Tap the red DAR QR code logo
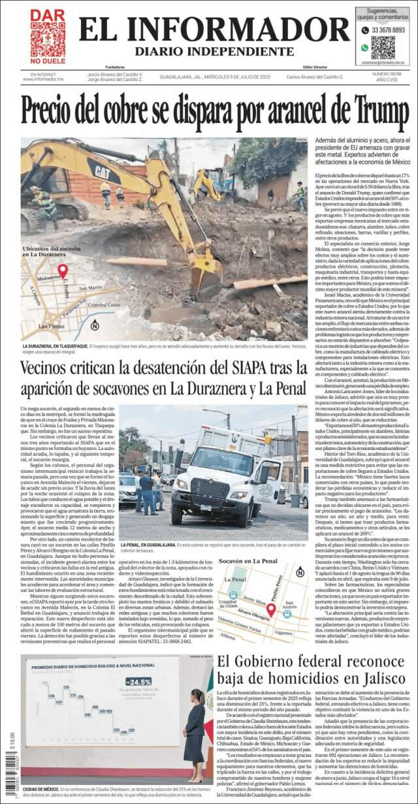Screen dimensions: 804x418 [47, 37]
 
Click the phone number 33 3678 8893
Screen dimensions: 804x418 [388, 30]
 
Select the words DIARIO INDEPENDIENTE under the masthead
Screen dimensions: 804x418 [214, 52]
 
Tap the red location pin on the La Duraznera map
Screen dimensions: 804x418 [63, 270]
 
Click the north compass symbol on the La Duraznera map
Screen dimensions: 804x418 [95, 325]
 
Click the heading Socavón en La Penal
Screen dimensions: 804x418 [248, 561]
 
